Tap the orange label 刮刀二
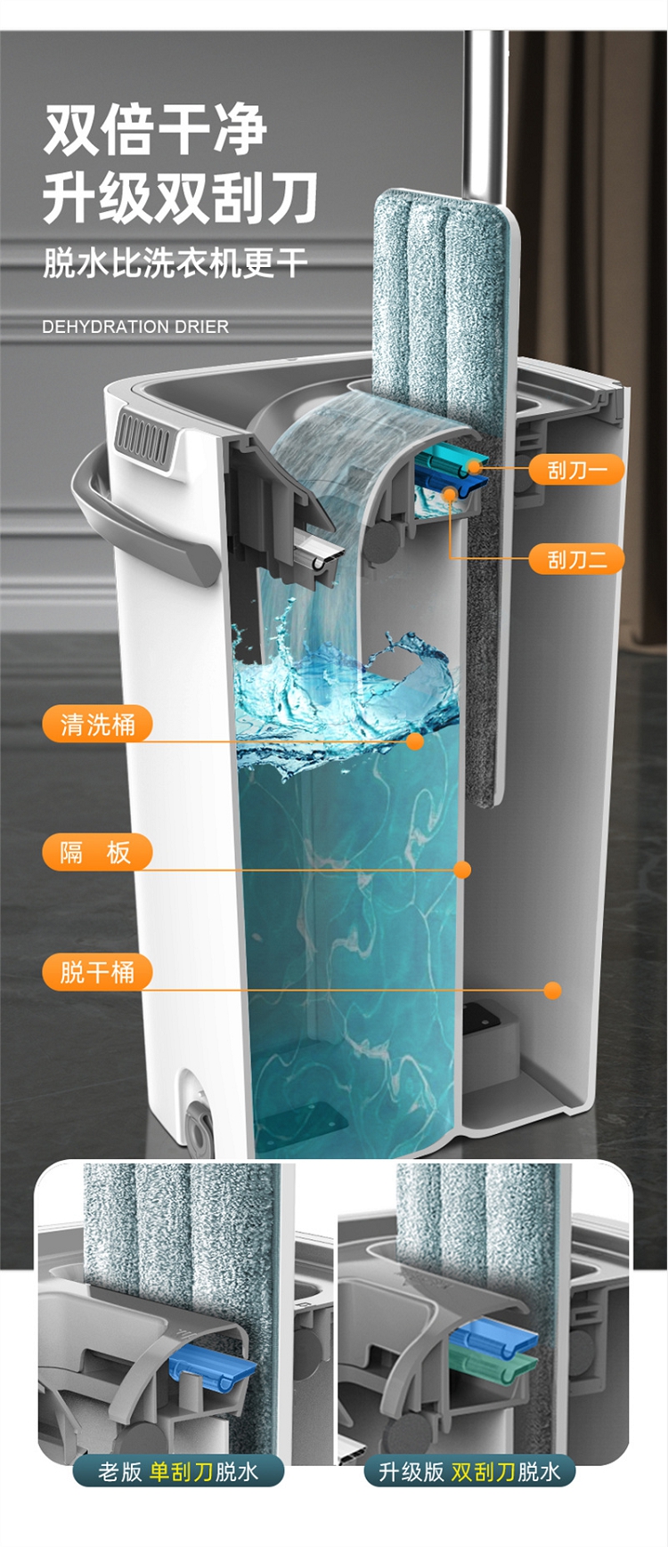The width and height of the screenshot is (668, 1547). point(576,559)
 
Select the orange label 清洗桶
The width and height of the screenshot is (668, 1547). point(97,724)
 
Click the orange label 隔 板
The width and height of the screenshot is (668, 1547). point(97,852)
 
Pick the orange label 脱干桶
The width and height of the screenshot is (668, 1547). point(97,971)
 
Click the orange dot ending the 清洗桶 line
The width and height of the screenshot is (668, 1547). point(415,741)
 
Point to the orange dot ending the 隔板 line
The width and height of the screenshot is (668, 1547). point(462,870)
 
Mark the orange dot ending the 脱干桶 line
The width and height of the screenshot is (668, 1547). point(553,990)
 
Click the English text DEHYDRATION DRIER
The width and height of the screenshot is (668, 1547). point(135,327)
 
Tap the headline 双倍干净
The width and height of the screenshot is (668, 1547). point(156,130)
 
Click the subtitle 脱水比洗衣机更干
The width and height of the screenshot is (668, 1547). point(175,263)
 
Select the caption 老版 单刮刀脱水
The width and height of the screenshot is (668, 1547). point(178,1471)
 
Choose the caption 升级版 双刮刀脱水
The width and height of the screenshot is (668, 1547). point(469,1471)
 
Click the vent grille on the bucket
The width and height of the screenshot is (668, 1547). point(143,439)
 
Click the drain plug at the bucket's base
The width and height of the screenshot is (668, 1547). point(198,1126)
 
